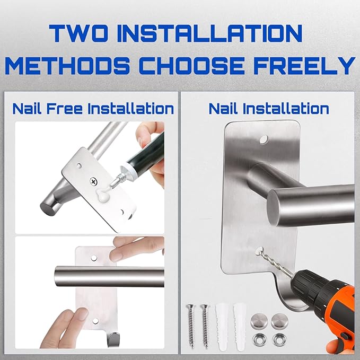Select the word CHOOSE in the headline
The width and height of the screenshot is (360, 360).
191,65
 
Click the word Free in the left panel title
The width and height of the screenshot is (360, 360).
64,108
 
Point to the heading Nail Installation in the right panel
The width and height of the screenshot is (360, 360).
269,108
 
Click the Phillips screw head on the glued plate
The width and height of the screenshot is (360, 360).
94,181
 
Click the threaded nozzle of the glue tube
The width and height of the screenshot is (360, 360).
119,179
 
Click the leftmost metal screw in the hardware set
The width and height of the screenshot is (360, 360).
191,325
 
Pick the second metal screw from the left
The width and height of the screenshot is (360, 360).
205,325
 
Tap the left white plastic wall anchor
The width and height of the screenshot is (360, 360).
222,327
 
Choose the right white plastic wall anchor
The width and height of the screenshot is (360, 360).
240,327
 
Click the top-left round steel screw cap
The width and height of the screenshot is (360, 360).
259,321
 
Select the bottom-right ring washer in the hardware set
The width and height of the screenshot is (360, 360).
279,339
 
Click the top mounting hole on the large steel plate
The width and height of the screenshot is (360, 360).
264,139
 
